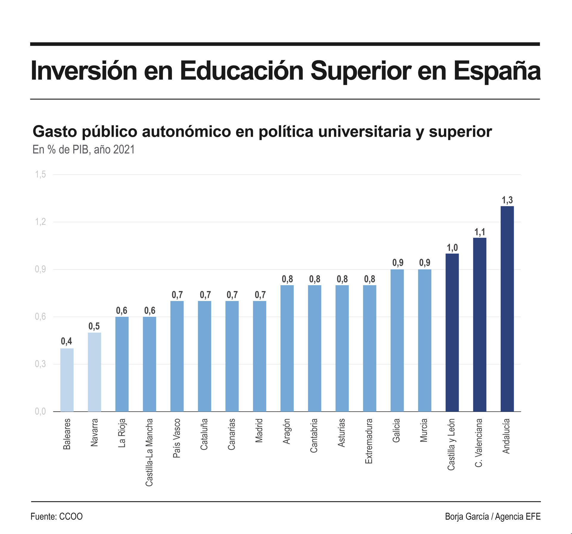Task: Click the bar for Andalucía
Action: tap(507, 309)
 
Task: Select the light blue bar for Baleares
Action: tap(67, 380)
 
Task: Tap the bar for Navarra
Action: tap(94, 372)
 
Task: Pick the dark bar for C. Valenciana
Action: tap(480, 324)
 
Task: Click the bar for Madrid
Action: tap(259, 356)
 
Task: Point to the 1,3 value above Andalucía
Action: tap(507, 200)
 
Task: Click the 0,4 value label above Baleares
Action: tap(66, 341)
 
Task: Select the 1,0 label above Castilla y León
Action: tap(452, 247)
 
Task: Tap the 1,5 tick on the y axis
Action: tap(41, 174)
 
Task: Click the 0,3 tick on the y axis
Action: tap(41, 364)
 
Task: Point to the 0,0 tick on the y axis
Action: tap(41, 411)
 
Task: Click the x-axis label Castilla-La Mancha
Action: tap(149, 452)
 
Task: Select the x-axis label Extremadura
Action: tap(369, 441)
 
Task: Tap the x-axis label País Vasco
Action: tap(177, 438)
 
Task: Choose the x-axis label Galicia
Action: tap(397, 430)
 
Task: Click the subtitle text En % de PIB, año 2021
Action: tap(83, 149)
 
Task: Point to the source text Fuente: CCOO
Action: tap(57, 516)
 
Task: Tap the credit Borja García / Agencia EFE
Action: tap(493, 516)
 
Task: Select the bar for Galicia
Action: tap(397, 340)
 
